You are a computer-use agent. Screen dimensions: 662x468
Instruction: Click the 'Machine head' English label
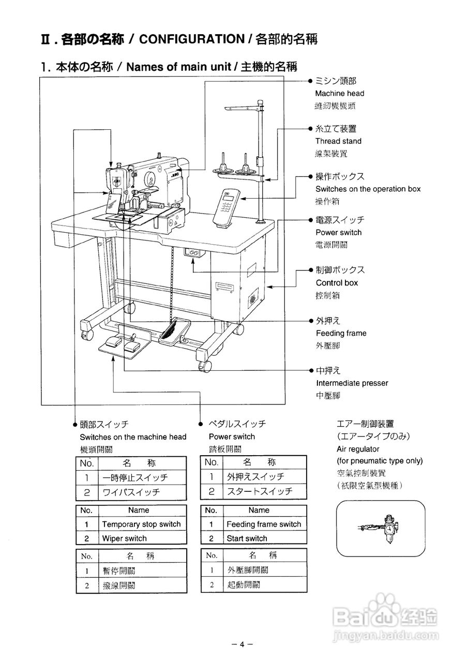click(x=339, y=94)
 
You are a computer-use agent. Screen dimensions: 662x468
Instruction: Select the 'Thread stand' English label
click(x=338, y=141)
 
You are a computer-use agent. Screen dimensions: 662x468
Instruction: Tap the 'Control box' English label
click(x=337, y=283)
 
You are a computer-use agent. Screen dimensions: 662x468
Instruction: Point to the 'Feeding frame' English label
click(x=341, y=334)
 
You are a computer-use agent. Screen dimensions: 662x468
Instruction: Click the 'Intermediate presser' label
click(x=352, y=383)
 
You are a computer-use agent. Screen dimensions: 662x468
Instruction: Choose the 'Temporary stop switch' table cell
click(x=141, y=524)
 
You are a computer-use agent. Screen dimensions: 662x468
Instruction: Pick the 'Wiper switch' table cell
click(x=124, y=538)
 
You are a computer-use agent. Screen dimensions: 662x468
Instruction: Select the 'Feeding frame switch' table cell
click(x=264, y=524)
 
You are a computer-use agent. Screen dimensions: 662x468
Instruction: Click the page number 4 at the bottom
click(x=241, y=644)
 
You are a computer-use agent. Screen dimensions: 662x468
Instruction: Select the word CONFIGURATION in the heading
click(x=192, y=39)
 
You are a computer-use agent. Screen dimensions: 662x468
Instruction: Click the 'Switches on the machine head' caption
click(x=133, y=437)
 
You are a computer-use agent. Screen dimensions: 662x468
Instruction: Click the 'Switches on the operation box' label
click(x=368, y=189)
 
